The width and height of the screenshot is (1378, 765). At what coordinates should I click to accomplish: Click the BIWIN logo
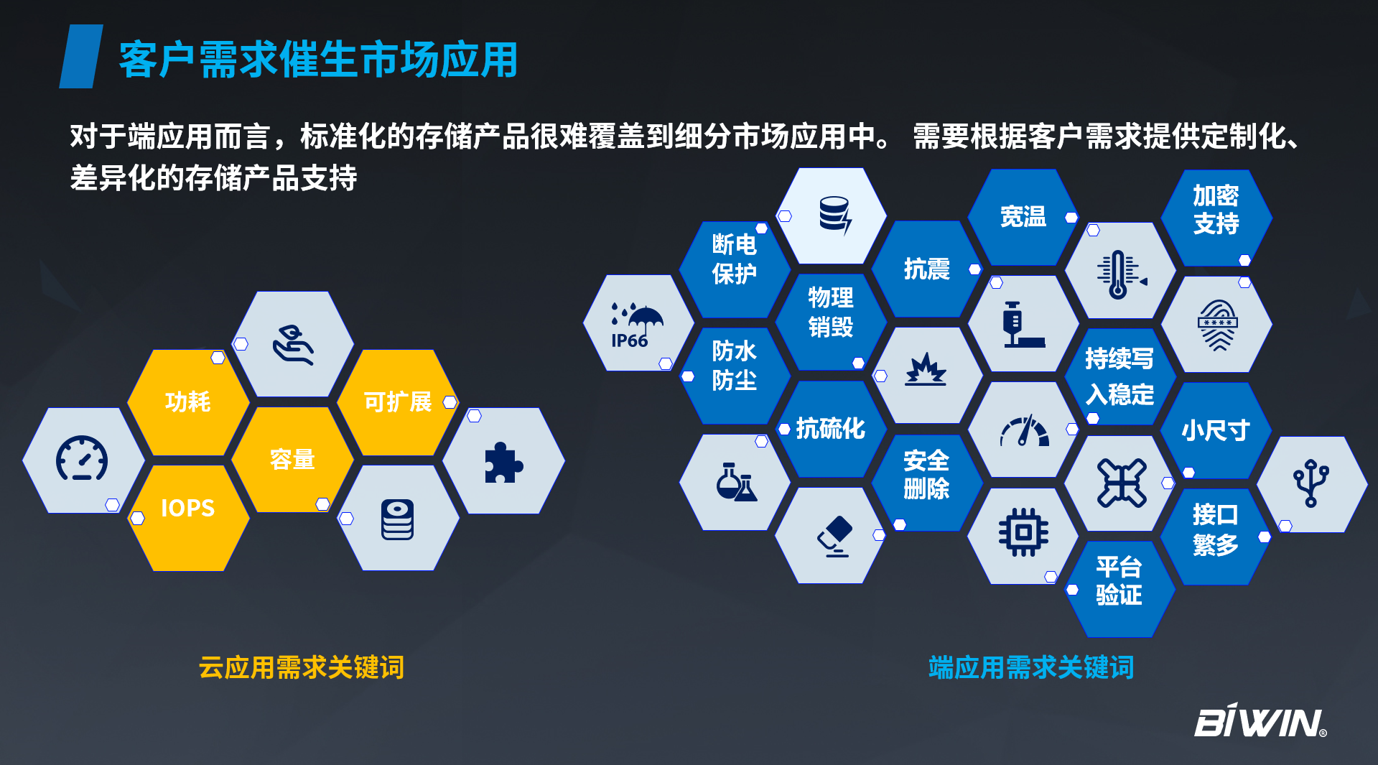(1260, 720)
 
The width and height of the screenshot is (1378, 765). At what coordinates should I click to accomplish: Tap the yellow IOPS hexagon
(188, 518)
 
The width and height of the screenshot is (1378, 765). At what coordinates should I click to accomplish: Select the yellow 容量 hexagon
(292, 460)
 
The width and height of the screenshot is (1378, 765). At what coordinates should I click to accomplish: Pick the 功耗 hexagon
(188, 402)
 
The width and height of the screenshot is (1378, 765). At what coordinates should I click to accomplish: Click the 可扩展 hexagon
(398, 402)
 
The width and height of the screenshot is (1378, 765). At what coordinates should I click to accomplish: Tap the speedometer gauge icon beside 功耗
(82, 458)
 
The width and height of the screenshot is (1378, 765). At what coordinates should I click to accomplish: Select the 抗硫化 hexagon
(831, 429)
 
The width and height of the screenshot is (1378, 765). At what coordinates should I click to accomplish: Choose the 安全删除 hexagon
(926, 474)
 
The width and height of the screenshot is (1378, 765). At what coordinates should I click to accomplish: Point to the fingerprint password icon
(1217, 325)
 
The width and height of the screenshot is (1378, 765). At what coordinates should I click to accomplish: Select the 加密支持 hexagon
(1216, 218)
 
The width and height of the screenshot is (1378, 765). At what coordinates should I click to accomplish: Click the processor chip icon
(1023, 532)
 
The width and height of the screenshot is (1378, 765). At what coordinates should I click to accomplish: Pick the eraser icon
(835, 537)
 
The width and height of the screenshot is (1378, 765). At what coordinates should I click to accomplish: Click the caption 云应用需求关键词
(302, 667)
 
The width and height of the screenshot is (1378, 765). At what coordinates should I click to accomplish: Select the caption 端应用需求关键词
(1031, 667)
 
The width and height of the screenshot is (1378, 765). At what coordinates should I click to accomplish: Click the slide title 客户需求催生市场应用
(318, 59)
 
